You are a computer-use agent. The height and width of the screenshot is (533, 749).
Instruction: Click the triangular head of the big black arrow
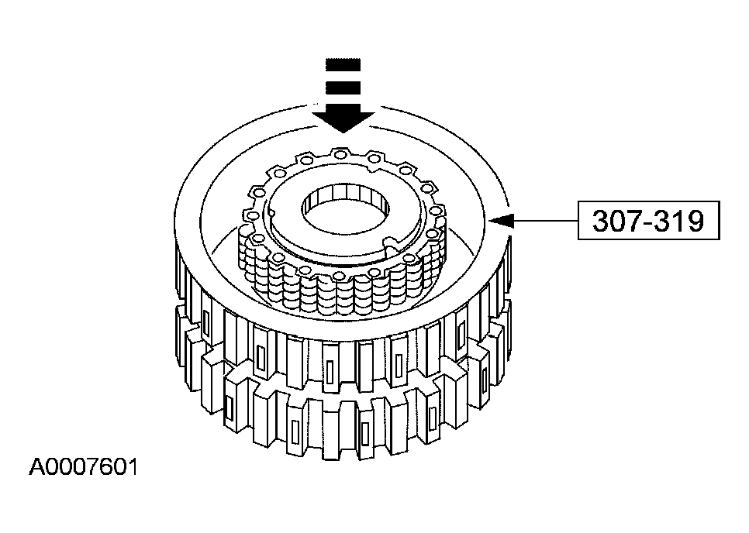point(342,117)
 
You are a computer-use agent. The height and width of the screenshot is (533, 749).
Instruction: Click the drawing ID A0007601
point(84,468)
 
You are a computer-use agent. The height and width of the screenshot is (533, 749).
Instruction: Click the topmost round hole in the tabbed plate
point(342,154)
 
